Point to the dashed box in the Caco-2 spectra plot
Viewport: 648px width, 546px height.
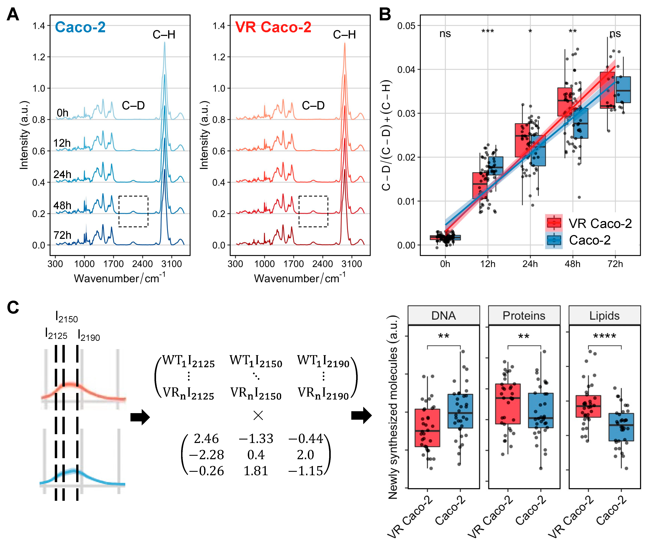point(133,211)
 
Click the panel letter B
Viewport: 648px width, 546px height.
point(385,14)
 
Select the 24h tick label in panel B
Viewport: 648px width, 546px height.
point(530,264)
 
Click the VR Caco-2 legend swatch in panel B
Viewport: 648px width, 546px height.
point(554,223)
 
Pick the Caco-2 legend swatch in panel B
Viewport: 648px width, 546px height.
point(554,240)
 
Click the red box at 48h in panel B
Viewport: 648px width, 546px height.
point(565,102)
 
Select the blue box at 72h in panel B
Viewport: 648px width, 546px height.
point(623,89)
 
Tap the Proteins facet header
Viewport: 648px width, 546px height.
point(524,316)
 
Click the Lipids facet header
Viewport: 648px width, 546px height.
point(604,316)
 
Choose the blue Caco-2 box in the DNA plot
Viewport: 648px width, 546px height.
point(460,411)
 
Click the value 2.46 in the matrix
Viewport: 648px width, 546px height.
point(206,439)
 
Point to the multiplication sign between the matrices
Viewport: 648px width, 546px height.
point(258,415)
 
